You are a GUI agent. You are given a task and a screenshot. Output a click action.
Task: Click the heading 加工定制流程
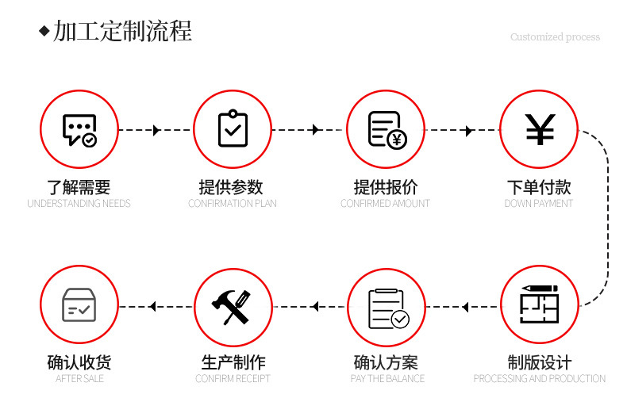click(123, 32)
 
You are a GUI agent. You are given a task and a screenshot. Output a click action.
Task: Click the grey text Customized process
click(555, 37)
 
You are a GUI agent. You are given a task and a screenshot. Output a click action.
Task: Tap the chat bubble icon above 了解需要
click(79, 130)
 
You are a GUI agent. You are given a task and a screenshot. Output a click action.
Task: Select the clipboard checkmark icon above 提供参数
click(233, 129)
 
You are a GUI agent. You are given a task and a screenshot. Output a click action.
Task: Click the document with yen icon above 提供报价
click(387, 130)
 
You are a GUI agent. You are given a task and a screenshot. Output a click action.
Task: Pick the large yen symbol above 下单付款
click(540, 130)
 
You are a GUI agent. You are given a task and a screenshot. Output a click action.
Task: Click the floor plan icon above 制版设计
click(540, 304)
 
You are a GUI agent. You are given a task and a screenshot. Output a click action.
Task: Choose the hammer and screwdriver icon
click(232, 307)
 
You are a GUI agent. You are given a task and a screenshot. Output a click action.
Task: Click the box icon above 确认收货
click(79, 305)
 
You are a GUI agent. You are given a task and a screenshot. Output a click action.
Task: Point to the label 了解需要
click(79, 188)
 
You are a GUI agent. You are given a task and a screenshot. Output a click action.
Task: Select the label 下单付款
click(539, 188)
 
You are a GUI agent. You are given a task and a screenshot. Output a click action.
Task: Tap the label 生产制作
click(233, 363)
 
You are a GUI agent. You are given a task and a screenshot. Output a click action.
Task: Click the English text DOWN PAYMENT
click(539, 204)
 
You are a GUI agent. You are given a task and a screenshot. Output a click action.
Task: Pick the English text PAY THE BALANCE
click(387, 379)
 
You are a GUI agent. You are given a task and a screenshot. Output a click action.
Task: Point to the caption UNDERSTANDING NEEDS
click(79, 204)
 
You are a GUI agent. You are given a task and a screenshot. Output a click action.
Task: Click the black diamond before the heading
click(44, 32)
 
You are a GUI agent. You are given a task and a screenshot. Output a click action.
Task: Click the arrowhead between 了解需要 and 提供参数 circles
click(156, 130)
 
